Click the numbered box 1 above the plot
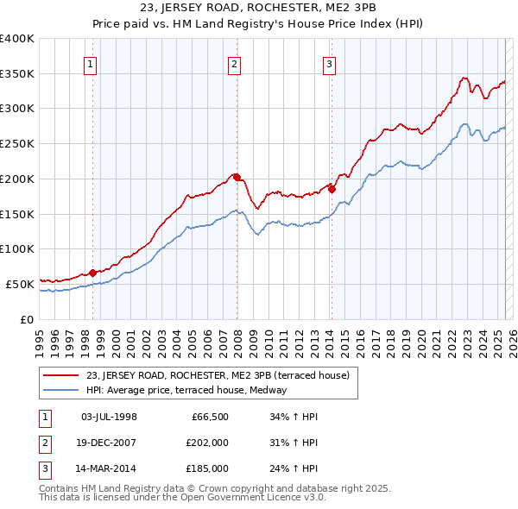pos(91,63)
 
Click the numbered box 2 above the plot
pos(235,63)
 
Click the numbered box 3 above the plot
pos(330,63)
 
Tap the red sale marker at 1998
pos(92,273)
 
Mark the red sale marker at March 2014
pos(332,190)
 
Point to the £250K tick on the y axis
pos(16,144)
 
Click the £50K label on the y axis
pos(20,284)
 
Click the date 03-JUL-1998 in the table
pos(109,417)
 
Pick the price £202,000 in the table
pos(207,443)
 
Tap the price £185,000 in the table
pos(207,468)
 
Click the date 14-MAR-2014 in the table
pos(110,468)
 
